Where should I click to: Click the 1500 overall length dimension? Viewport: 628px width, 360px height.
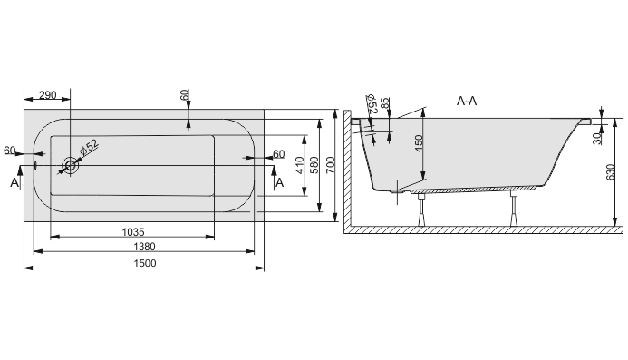145,263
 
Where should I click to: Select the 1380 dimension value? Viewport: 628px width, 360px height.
144,247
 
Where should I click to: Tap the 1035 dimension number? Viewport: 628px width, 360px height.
133,232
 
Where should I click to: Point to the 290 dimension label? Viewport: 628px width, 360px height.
48,95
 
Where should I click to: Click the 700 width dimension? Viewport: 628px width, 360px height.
330,165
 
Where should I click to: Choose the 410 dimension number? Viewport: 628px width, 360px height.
300,165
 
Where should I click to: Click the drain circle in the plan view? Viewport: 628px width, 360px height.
70,165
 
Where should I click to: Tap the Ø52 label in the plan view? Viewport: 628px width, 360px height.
89,148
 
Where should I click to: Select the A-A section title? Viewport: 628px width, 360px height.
467,101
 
